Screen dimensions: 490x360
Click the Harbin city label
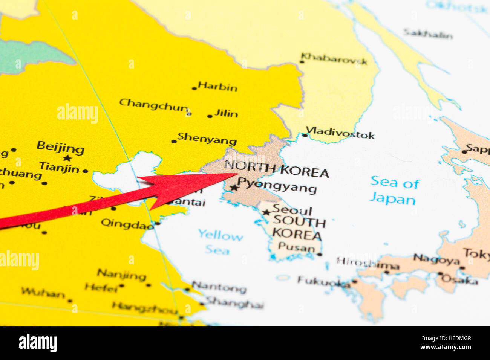click(217, 87)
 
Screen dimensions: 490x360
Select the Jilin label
click(226, 113)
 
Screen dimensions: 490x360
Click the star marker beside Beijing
click(67, 158)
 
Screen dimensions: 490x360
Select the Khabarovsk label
click(334, 59)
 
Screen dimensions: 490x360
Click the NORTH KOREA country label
click(276, 169)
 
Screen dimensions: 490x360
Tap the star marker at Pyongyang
click(234, 188)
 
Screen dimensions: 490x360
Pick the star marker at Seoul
click(266, 212)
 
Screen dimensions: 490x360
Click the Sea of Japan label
click(394, 190)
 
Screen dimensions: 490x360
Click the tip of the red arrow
click(237, 174)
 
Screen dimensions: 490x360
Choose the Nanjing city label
click(121, 275)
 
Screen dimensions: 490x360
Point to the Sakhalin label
click(428, 34)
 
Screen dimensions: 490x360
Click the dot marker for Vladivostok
click(305, 135)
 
